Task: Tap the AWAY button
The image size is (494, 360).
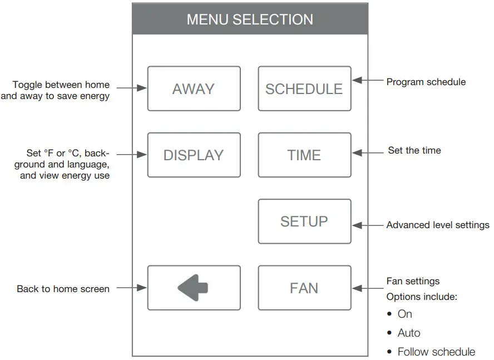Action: [194, 89]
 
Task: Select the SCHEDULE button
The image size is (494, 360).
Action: [304, 89]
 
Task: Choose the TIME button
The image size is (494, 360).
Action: [304, 155]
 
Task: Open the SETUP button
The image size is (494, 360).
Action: [304, 221]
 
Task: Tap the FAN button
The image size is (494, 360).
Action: [304, 288]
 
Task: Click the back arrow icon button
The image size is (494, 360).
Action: [194, 288]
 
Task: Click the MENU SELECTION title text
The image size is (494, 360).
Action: [250, 19]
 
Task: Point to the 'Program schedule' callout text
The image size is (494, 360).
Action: [426, 82]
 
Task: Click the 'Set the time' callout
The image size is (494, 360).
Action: [414, 150]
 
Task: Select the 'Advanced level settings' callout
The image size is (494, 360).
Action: [438, 225]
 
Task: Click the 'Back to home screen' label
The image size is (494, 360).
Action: [63, 289]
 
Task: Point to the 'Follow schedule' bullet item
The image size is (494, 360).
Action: [436, 352]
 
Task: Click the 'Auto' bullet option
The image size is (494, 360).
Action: [409, 333]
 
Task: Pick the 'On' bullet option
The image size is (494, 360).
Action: [405, 314]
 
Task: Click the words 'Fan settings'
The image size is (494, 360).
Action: [413, 281]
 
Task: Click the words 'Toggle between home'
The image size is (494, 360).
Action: [61, 85]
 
